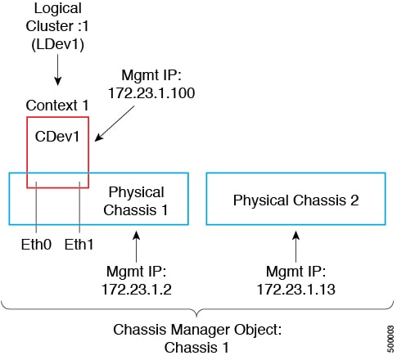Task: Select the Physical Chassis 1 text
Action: coord(136,199)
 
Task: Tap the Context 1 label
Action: coord(56,106)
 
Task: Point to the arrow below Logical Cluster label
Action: coord(57,74)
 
